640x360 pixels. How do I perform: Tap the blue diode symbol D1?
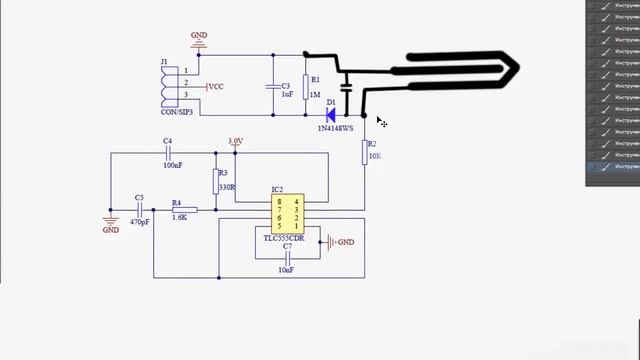(x=330, y=116)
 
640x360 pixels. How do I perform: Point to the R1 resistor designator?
(x=315, y=79)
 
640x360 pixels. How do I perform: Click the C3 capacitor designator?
(x=286, y=85)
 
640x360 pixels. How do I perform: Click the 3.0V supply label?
(x=235, y=141)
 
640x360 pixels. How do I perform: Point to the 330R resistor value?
(x=227, y=186)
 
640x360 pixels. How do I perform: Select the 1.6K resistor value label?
(x=179, y=217)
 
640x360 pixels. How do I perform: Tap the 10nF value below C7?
(x=286, y=270)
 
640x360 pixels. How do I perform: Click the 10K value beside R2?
(x=375, y=157)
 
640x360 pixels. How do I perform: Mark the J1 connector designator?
(x=164, y=62)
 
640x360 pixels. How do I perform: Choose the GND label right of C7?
(x=346, y=242)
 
